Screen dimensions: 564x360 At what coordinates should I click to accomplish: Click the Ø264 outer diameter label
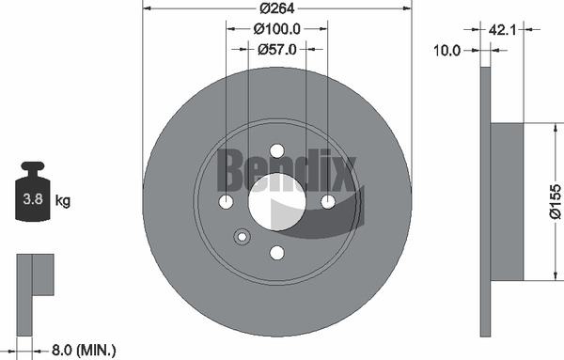tap(277, 8)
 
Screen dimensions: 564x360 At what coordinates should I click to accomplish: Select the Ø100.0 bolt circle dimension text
tap(276, 29)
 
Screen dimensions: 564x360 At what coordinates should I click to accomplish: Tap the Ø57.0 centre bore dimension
tap(277, 49)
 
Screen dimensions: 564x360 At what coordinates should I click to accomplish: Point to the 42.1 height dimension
tap(502, 29)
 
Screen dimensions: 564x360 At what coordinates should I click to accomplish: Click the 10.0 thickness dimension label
tap(446, 51)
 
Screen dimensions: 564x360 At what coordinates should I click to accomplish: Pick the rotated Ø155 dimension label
tap(555, 201)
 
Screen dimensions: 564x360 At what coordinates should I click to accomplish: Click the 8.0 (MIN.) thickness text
tap(84, 350)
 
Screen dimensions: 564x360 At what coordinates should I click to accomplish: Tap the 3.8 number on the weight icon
tap(33, 199)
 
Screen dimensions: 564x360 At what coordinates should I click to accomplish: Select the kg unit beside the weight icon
tap(63, 200)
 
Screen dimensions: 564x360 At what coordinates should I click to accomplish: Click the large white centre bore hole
tap(277, 202)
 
